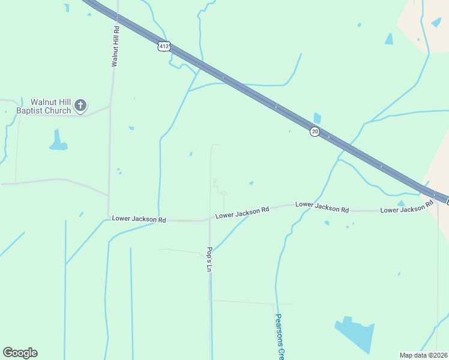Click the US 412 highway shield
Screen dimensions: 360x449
coord(165,46)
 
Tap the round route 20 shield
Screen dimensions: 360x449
coord(315,131)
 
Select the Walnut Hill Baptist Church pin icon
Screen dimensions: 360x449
coord(80,106)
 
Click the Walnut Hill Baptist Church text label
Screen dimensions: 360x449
coord(44,106)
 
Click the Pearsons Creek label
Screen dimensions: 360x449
coord(279,336)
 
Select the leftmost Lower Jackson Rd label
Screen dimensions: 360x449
coord(139,219)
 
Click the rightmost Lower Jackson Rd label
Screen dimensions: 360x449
coord(407,208)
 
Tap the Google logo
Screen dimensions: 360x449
coord(20,353)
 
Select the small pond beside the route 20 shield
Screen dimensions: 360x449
coord(317,118)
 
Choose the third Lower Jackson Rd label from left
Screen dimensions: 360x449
coord(322,207)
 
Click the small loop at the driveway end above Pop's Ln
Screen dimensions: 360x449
coord(223,193)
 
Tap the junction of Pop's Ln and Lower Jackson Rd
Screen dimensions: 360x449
coord(209,220)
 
